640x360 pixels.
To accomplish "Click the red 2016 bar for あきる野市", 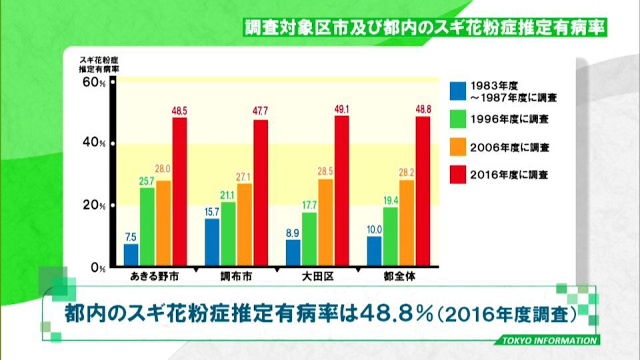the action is (x=179, y=192).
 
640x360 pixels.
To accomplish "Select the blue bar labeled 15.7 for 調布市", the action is (x=212, y=243).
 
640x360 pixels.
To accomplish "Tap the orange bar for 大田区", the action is (x=326, y=223).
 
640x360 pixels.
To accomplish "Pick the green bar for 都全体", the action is (x=391, y=237).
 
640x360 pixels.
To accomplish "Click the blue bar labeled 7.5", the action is (x=131, y=255).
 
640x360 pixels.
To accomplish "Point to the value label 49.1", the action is (x=342, y=109).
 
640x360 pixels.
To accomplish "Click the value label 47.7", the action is (x=261, y=111).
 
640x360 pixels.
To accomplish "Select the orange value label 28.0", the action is (x=163, y=169).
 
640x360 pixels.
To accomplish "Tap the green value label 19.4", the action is (x=391, y=201).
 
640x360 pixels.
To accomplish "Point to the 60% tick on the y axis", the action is (x=113, y=82).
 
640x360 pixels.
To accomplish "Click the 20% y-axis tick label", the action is (x=94, y=205).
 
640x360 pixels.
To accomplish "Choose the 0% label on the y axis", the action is (x=99, y=268).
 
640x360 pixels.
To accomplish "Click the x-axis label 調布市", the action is (x=236, y=277).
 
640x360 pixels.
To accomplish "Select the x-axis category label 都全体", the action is (x=399, y=277).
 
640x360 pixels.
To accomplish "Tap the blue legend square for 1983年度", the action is (x=458, y=91).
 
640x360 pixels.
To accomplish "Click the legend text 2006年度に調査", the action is (x=510, y=147).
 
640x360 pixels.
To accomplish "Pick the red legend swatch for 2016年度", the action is (x=458, y=175).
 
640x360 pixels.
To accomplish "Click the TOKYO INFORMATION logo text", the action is (x=549, y=341).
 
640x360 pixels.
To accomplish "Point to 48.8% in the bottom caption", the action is (x=397, y=314).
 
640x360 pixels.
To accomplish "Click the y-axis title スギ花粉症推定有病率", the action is (x=99, y=65).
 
